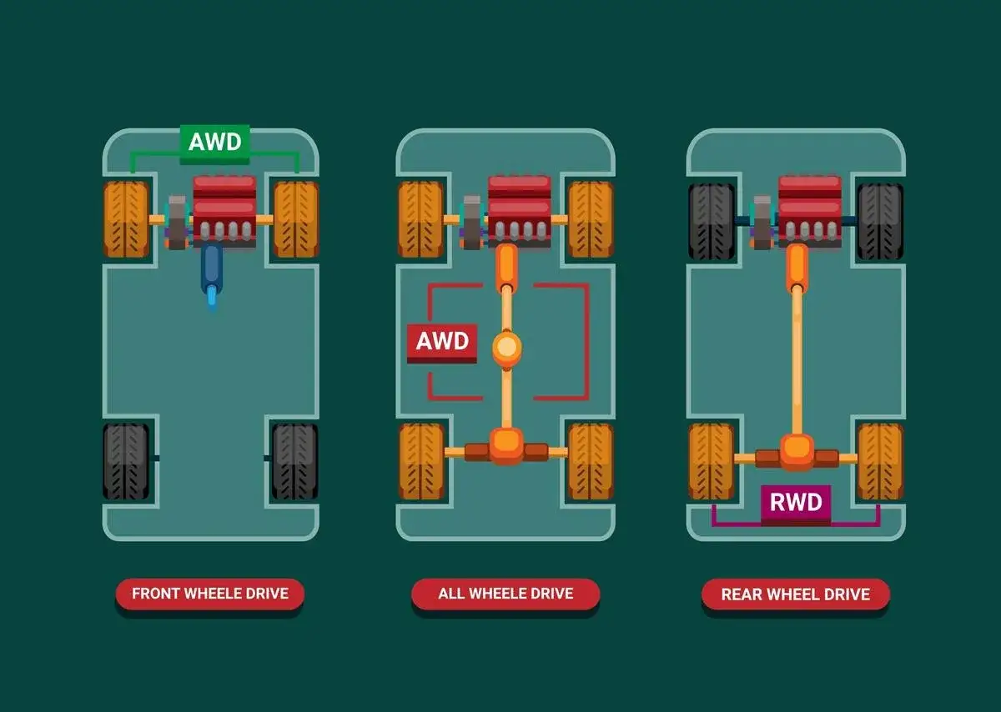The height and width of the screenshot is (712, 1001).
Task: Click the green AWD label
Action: pos(215,142)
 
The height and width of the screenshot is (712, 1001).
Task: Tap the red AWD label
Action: pos(442,342)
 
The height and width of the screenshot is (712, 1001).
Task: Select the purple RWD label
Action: pos(796,503)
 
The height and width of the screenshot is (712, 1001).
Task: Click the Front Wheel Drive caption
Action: pos(210,594)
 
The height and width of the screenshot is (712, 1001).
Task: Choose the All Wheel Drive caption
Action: pos(506,594)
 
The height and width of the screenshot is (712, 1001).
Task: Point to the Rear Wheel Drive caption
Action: pos(796,594)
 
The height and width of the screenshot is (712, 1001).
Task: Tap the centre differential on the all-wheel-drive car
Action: pos(506,348)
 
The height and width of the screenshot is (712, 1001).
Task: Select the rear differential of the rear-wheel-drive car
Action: pos(797,451)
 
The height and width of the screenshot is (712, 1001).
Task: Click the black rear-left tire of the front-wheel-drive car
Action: pos(126,461)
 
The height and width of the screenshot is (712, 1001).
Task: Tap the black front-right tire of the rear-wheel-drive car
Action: pos(880,221)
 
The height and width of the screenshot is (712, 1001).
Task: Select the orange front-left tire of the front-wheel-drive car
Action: pos(126,220)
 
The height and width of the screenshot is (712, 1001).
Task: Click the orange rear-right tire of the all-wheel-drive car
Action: pos(591,461)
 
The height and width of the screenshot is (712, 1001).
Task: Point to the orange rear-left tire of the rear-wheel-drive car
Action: pos(712,461)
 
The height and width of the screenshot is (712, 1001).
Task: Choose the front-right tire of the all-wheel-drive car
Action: pos(591,219)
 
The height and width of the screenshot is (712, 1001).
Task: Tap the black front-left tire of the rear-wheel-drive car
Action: pos(712,221)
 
